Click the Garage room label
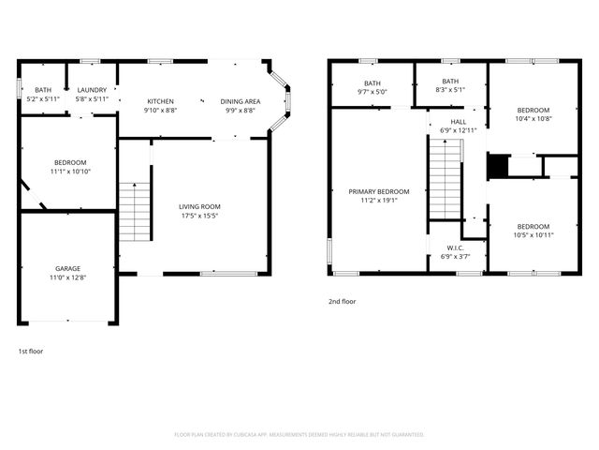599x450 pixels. pyautogui.click(x=67, y=268)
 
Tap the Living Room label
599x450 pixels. pyautogui.click(x=199, y=206)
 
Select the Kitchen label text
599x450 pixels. pyautogui.click(x=160, y=101)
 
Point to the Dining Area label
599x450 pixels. pyautogui.click(x=241, y=101)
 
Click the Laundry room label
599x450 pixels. pyautogui.click(x=92, y=90)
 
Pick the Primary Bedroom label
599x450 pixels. pyautogui.click(x=379, y=191)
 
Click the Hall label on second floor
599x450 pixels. pyautogui.click(x=459, y=121)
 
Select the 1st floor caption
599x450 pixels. pyautogui.click(x=31, y=351)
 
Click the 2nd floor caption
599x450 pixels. pyautogui.click(x=342, y=302)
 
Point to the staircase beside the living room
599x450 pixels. pyautogui.click(x=137, y=211)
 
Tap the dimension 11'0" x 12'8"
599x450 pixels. pyautogui.click(x=67, y=278)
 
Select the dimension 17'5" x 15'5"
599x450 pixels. pyautogui.click(x=199, y=216)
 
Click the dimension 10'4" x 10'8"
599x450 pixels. pyautogui.click(x=533, y=119)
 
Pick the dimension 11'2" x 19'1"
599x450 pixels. pyautogui.click(x=379, y=200)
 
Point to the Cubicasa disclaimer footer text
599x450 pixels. pyautogui.click(x=299, y=435)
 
